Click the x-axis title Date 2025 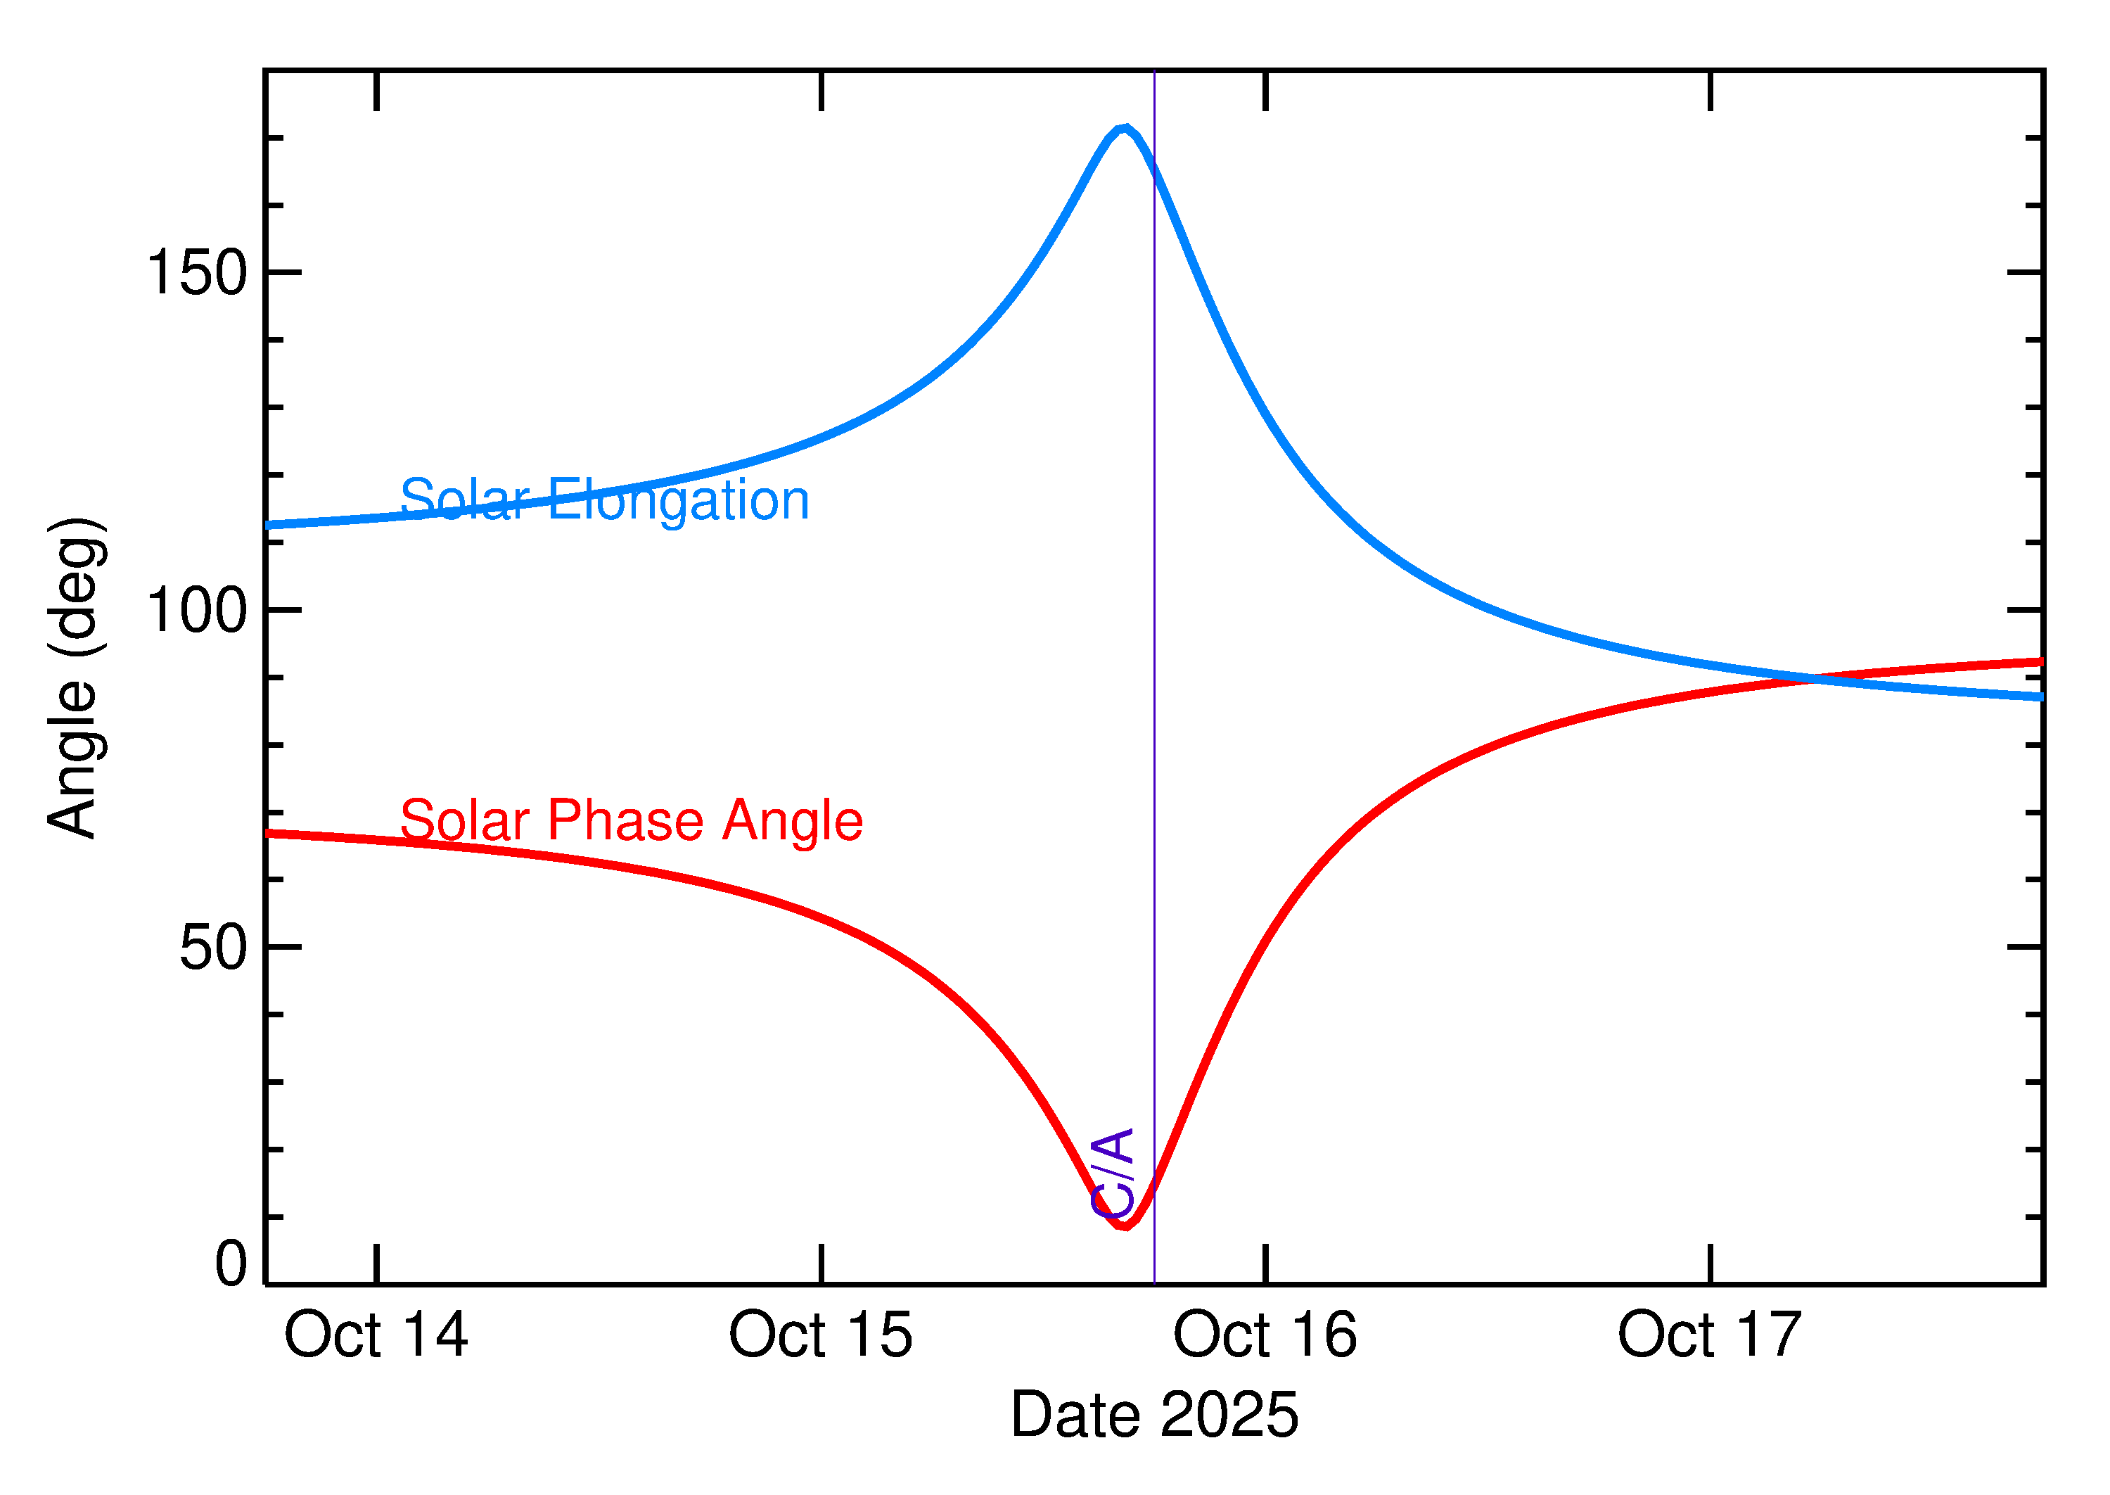point(1154,1415)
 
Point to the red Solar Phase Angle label point(632,820)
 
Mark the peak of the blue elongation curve point(1123,128)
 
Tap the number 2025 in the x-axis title point(1229,1415)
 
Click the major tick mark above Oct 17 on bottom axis point(1710,1263)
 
